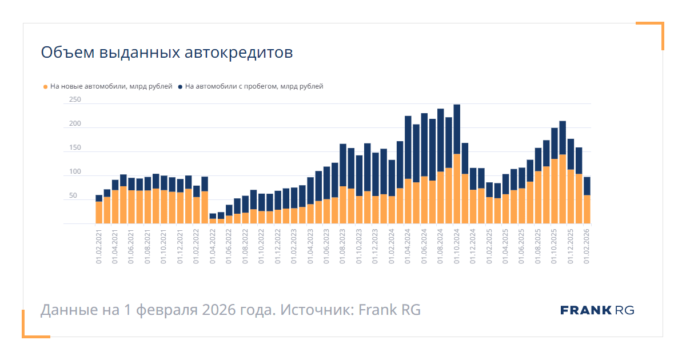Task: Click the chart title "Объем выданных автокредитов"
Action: pyautogui.click(x=166, y=53)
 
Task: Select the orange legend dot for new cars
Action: pyautogui.click(x=45, y=87)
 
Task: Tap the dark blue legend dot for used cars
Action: pyautogui.click(x=180, y=87)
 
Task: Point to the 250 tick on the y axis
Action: pyautogui.click(x=75, y=100)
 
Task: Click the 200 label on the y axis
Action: pyautogui.click(x=75, y=124)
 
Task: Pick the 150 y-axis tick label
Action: pyautogui.click(x=75, y=148)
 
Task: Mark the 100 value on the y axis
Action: pyautogui.click(x=75, y=172)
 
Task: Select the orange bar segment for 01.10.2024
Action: pyautogui.click(x=457, y=189)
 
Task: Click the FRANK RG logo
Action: pyautogui.click(x=597, y=310)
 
